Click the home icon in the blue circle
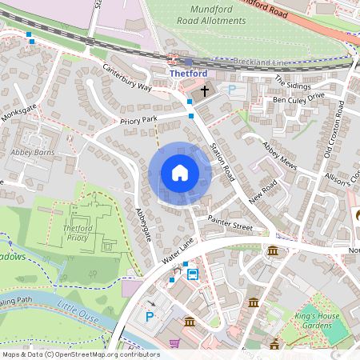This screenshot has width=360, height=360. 180,173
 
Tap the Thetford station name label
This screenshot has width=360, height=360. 188,73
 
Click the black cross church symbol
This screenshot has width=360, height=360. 205,90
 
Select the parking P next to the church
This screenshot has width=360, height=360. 232,90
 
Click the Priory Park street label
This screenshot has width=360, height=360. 139,121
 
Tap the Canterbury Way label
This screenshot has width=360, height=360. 126,81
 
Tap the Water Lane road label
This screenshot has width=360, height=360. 178,253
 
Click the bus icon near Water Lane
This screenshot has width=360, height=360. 192,274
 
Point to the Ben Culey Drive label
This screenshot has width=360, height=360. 298,98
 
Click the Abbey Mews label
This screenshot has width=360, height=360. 280,155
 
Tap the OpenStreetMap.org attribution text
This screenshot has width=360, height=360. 104,354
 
